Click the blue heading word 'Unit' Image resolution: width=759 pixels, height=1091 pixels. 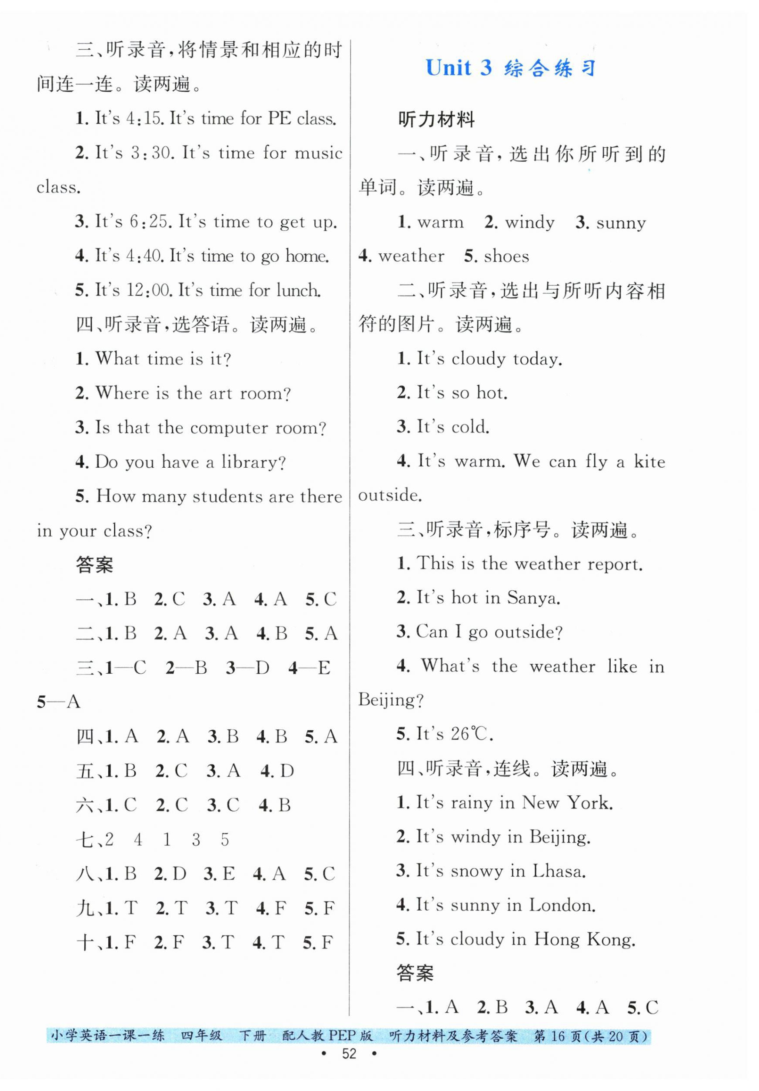448,68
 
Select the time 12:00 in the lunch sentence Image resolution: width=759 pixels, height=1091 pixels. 148,290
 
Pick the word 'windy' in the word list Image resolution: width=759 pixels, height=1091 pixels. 529,223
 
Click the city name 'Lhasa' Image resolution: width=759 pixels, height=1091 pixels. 559,871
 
